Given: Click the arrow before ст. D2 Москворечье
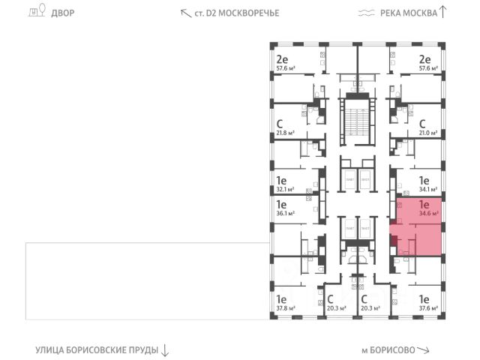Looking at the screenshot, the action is pyautogui.click(x=184, y=13).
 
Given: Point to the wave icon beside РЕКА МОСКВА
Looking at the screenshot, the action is pyautogui.click(x=366, y=13).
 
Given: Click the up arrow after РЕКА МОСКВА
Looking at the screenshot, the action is pyautogui.click(x=442, y=11).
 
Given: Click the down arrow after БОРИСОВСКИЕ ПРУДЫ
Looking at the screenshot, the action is pyautogui.click(x=165, y=349).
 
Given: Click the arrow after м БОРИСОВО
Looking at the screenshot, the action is pyautogui.click(x=424, y=350).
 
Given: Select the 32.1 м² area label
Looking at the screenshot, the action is pyautogui.click(x=284, y=190).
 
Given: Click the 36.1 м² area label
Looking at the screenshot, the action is pyautogui.click(x=284, y=213).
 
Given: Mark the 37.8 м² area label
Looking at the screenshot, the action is pyautogui.click(x=284, y=307).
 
